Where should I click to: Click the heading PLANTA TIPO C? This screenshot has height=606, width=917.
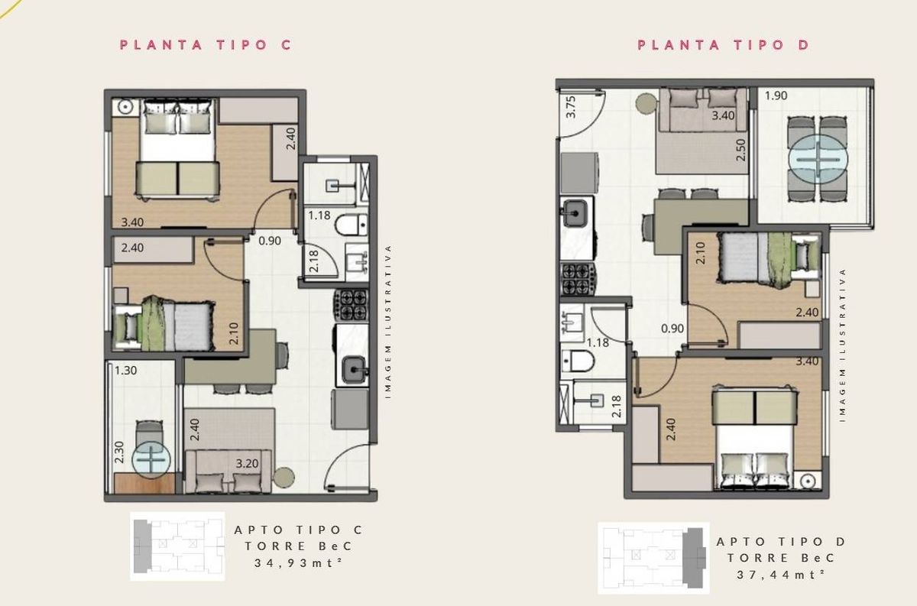click(x=206, y=44)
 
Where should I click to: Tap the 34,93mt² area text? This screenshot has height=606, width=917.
click(x=298, y=563)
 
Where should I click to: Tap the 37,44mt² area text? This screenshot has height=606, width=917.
click(x=780, y=575)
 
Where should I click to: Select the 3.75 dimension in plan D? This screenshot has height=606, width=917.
click(x=571, y=107)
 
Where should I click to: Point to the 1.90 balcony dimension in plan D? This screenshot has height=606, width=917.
click(x=776, y=96)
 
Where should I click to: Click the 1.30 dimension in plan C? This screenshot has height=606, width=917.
click(x=125, y=371)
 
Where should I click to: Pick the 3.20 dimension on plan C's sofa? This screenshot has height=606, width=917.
click(x=247, y=464)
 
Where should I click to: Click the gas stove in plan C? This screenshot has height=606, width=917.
click(x=352, y=305)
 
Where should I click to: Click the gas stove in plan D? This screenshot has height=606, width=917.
click(x=578, y=279)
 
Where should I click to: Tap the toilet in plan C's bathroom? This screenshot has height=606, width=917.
click(x=352, y=225)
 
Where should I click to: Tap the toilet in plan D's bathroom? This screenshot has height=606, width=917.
click(x=577, y=361)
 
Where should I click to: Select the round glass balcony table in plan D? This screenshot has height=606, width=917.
click(x=818, y=159)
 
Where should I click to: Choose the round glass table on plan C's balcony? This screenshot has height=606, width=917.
click(x=151, y=460)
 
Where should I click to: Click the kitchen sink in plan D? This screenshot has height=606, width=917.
click(x=575, y=213)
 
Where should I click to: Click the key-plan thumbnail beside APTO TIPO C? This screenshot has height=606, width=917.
click(x=177, y=546)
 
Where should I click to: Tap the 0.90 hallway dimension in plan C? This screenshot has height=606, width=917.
click(x=270, y=241)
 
